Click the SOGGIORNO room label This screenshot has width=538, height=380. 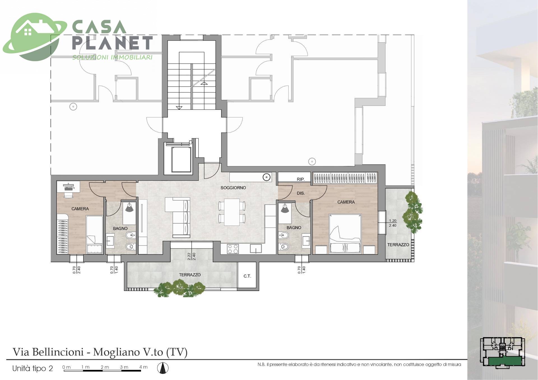(x=233, y=188)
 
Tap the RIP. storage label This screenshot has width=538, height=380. (x=301, y=179)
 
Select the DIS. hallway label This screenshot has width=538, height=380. (x=301, y=193)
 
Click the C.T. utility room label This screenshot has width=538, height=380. (x=247, y=276)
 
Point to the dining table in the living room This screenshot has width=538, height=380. (x=232, y=212)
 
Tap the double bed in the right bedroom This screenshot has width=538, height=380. (x=345, y=234)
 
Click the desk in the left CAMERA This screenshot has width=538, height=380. (x=68, y=186)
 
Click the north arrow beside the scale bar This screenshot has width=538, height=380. (x=162, y=368)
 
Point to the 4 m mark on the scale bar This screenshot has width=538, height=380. (x=143, y=367)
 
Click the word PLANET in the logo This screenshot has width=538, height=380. (x=112, y=43)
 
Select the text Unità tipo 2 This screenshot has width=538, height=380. (x=33, y=368)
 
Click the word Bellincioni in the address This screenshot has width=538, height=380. (x=58, y=352)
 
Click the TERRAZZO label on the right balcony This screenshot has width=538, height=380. (x=398, y=245)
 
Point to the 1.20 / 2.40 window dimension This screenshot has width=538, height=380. (x=393, y=223)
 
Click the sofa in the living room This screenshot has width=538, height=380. (x=178, y=217)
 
